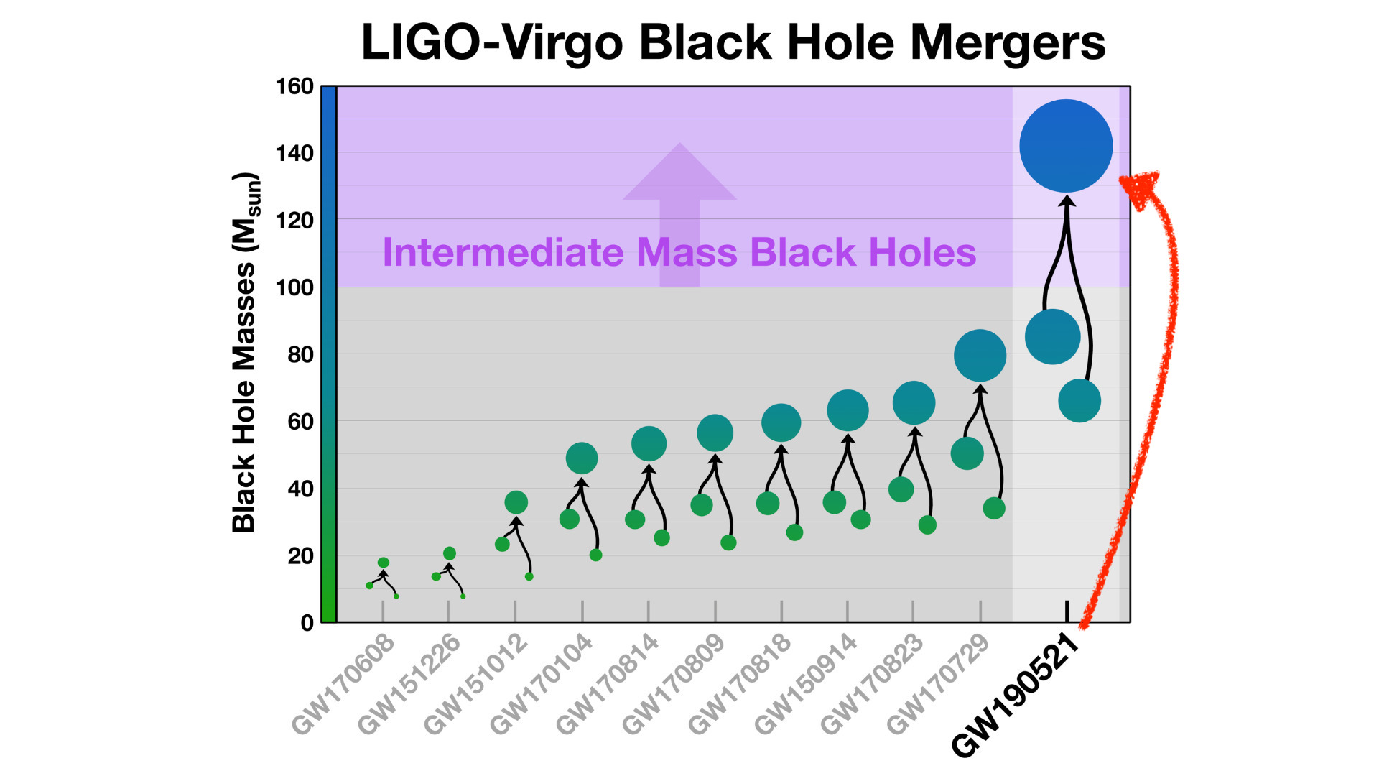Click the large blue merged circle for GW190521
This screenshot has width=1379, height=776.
[x=1066, y=146]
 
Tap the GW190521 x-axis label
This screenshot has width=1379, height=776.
[x=1016, y=695]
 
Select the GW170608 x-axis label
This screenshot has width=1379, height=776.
[x=343, y=684]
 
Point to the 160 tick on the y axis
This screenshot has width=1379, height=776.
[x=294, y=86]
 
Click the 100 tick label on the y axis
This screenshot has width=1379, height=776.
[x=294, y=287]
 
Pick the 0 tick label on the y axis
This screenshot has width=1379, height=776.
[x=307, y=622]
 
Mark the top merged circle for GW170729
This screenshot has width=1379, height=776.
[x=980, y=356]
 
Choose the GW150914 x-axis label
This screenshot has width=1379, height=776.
[x=805, y=684]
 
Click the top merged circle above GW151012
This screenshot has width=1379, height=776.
[x=516, y=502]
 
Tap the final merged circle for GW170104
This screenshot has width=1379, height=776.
[x=582, y=458]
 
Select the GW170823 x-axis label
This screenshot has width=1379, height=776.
[x=871, y=684]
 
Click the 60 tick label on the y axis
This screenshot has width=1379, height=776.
[x=300, y=422]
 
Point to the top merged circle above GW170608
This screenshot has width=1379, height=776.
[x=384, y=563]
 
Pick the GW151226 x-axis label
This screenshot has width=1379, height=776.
[x=409, y=684]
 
